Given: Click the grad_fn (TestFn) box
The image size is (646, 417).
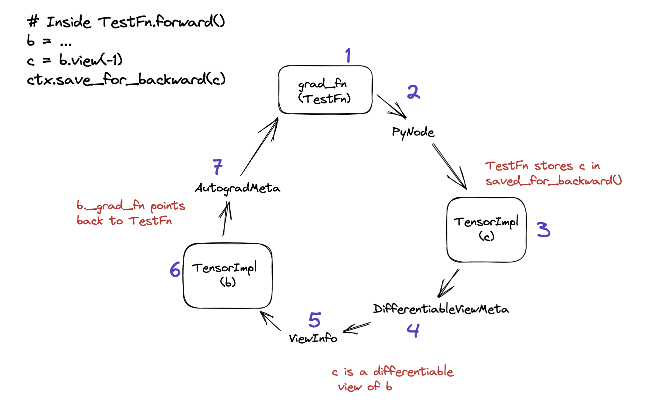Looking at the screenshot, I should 325,90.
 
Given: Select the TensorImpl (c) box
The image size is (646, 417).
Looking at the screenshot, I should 486,230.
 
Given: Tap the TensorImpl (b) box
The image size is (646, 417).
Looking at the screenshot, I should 228,276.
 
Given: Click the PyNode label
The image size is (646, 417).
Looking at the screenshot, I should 413,132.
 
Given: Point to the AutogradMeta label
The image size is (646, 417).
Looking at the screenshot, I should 237,188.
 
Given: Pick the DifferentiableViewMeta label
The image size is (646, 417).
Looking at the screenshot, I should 441,309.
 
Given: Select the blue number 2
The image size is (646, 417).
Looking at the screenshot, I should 414,92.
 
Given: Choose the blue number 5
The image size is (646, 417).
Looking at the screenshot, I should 315,320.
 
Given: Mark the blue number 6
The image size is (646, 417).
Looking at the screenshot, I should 175,269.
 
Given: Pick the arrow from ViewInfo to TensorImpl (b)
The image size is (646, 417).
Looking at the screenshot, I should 270,321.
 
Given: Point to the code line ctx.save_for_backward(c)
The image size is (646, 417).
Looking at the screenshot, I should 126,79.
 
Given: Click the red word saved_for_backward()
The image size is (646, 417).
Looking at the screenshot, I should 553,181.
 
